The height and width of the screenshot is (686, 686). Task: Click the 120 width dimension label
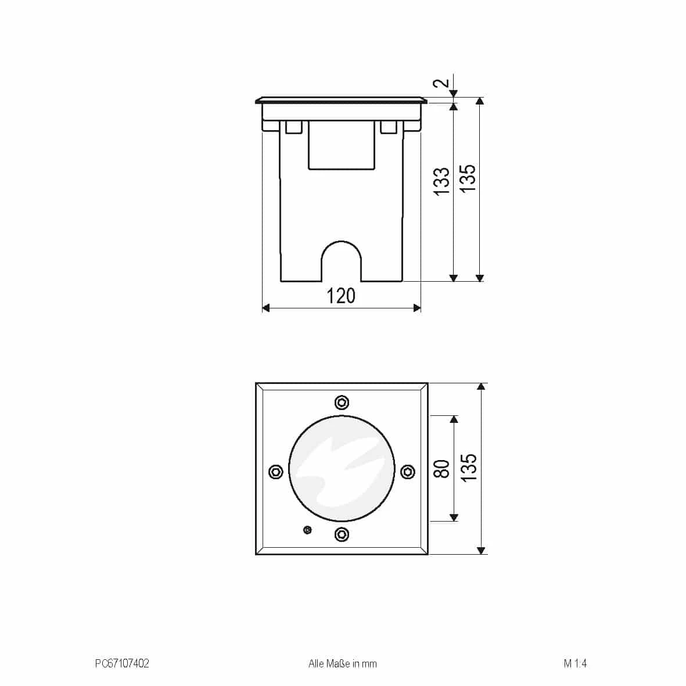[341, 296]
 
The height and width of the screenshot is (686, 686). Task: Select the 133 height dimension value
[443, 181]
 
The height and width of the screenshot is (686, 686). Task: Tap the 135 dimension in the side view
[468, 178]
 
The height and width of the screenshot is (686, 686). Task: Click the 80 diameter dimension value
[443, 468]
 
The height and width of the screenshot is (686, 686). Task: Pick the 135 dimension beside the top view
[468, 467]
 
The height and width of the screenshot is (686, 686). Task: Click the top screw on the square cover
[342, 403]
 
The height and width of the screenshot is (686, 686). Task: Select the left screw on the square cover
[276, 471]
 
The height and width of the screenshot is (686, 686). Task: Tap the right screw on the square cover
[408, 471]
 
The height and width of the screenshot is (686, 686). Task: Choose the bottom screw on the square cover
[342, 534]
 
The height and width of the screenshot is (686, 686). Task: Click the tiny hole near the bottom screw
[307, 529]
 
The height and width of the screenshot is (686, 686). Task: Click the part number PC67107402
[122, 663]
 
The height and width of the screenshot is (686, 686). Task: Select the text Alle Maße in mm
[342, 663]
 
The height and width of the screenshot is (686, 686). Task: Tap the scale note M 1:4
[575, 663]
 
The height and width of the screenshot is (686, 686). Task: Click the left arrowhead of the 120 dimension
[266, 308]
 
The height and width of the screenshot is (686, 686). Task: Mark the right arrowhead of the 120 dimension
[416, 308]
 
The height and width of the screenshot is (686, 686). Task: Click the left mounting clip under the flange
[293, 127]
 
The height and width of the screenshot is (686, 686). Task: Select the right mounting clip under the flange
[389, 127]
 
